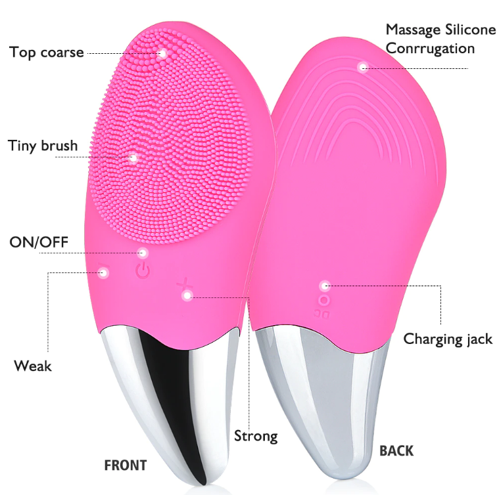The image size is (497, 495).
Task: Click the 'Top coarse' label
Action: click(x=46, y=53)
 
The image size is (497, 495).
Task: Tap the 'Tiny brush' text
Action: click(x=43, y=146)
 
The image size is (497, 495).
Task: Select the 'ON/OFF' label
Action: click(x=39, y=242)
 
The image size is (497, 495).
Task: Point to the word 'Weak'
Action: click(x=33, y=366)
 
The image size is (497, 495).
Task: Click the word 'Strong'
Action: click(x=256, y=436)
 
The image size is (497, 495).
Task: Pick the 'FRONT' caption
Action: click(x=126, y=465)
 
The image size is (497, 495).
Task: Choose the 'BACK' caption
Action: click(x=396, y=451)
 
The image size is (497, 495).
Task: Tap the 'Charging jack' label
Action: click(x=448, y=339)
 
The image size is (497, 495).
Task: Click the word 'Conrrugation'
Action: click(x=430, y=49)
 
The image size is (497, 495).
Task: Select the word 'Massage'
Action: click(x=413, y=30)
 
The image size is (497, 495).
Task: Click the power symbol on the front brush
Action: click(x=143, y=271)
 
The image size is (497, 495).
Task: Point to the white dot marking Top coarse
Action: click(x=162, y=53)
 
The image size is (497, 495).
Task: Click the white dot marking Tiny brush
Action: click(x=133, y=158)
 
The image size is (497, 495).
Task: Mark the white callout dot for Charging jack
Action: click(x=324, y=286)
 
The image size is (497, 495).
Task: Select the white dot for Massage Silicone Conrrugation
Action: click(x=363, y=68)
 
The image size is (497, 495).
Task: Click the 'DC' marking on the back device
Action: click(x=321, y=314)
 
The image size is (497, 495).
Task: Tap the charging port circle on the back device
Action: click(x=324, y=301)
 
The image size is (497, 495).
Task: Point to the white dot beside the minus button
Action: click(x=103, y=272)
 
